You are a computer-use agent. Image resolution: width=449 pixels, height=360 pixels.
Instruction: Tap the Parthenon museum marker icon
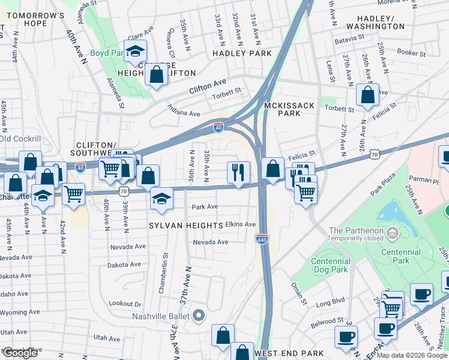(393, 232)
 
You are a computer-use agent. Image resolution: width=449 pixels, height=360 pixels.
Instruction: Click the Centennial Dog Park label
(331, 265)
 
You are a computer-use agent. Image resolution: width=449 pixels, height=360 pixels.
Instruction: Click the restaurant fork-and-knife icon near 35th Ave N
(238, 172)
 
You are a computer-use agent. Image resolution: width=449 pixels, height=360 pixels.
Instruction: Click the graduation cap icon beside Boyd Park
(136, 51)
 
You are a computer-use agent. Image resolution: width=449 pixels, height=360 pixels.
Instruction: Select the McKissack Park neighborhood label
(289, 109)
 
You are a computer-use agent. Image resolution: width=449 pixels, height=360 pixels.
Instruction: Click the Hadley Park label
(242, 53)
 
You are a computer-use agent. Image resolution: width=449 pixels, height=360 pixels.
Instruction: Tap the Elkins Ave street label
(241, 224)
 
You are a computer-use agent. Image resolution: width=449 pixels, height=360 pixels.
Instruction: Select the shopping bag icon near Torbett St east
(367, 95)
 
